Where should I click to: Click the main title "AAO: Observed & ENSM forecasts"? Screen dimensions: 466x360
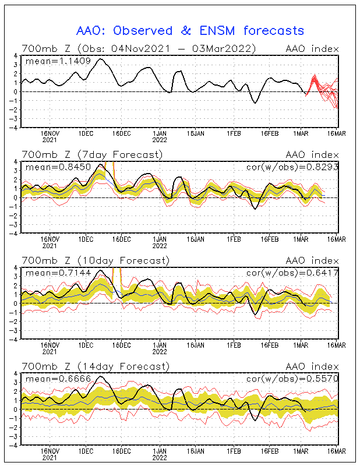(190, 30)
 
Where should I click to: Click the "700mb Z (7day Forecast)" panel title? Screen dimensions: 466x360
(91, 154)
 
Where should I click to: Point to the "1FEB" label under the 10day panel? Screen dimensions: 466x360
(234, 345)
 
